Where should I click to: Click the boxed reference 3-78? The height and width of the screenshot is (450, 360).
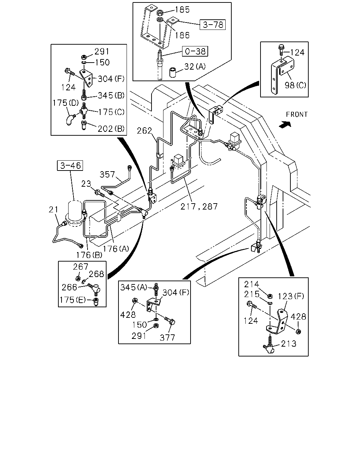coord(213,25)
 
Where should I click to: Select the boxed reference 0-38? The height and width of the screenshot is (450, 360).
coord(195,51)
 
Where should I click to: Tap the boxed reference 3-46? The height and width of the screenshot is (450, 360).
coord(70,166)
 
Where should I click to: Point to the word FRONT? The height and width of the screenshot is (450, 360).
coord(297,114)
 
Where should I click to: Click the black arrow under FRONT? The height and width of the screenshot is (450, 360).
coord(285,124)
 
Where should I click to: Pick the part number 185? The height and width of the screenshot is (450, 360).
coord(182,9)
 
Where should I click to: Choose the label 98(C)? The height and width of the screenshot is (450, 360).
coord(295,85)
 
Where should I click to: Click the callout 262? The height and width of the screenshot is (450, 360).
coord(144,131)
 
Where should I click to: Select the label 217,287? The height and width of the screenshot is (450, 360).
coord(199,207)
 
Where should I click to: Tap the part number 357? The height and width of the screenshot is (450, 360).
coord(107,174)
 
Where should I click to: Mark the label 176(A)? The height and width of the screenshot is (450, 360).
coord(116,249)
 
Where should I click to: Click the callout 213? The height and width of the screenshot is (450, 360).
coord(289,343)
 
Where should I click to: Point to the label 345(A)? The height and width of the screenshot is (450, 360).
coord(134,287)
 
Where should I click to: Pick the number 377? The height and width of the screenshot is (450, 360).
coord(167,338)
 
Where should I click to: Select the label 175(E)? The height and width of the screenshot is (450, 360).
coord(72,300)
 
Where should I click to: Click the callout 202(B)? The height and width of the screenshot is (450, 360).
coord(111,129)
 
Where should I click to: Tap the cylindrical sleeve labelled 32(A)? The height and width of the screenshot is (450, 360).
coord(173,72)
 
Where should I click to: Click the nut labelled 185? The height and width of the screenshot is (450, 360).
coord(160,13)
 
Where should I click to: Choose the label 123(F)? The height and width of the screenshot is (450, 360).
coord(291,296)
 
